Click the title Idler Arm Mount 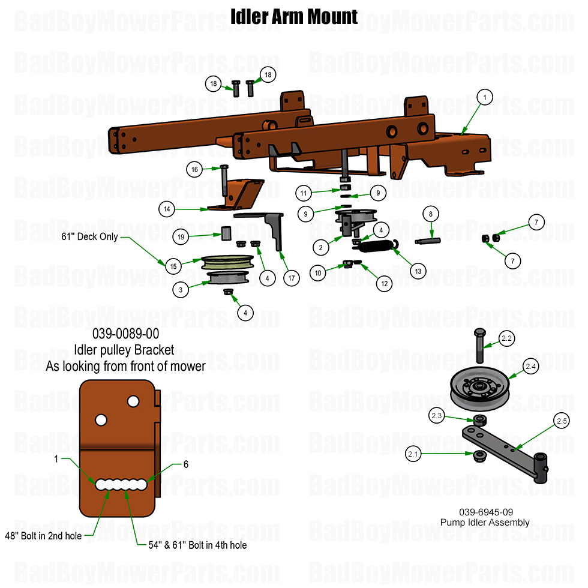tap(294, 17)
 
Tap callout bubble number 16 tap(194, 170)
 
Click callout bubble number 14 tap(167, 209)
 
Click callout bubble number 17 tap(292, 278)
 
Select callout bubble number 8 tap(430, 214)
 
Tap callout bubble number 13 tap(418, 271)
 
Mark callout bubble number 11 tap(304, 193)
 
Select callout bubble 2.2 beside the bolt tap(507, 339)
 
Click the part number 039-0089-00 tap(126, 335)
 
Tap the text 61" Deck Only tap(90, 237)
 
